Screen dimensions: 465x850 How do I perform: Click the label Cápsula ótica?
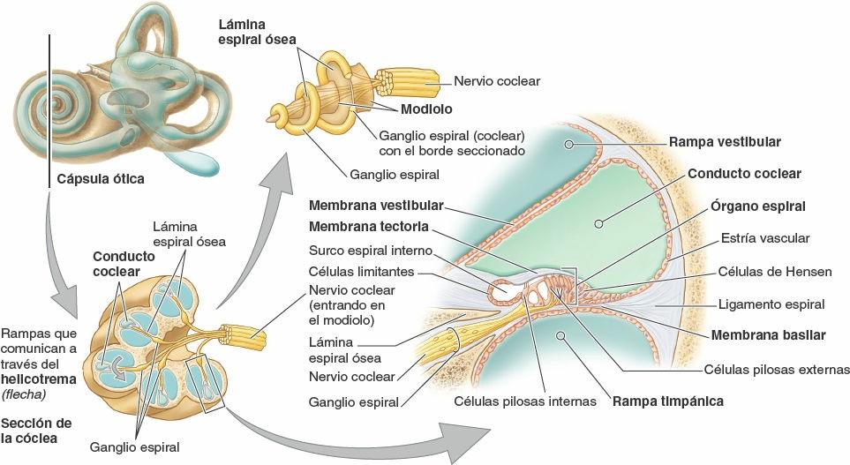[x=101, y=179]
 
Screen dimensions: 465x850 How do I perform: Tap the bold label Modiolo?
[x=425, y=110]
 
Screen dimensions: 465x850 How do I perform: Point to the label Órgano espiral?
[x=757, y=206]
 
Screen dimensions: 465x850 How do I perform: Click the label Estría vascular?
[x=764, y=237]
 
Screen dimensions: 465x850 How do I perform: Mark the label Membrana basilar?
[x=768, y=335]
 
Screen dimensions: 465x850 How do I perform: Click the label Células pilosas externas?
[x=777, y=369]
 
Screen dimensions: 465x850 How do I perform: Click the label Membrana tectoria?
[x=369, y=225]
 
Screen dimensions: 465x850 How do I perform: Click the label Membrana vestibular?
[x=376, y=205]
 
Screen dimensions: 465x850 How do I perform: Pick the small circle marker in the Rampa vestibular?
[x=570, y=142]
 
